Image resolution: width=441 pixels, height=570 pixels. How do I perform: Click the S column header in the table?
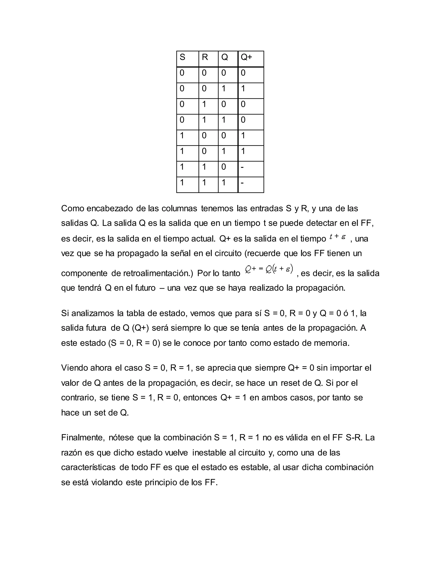pyautogui.click(x=182, y=57)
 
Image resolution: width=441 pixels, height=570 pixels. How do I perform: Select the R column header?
pyautogui.click(x=205, y=57)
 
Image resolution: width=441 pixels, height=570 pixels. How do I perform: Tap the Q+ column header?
pyautogui.click(x=246, y=57)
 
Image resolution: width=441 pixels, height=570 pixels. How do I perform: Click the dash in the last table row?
pyautogui.click(x=242, y=183)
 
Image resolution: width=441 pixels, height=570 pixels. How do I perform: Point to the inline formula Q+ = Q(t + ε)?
pyautogui.click(x=269, y=269)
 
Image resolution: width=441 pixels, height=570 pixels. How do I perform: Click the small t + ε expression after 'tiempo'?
pyautogui.click(x=338, y=237)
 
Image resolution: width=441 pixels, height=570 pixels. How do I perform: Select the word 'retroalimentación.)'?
pyautogui.click(x=158, y=273)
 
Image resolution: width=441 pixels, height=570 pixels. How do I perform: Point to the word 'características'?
pyautogui.click(x=88, y=467)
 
